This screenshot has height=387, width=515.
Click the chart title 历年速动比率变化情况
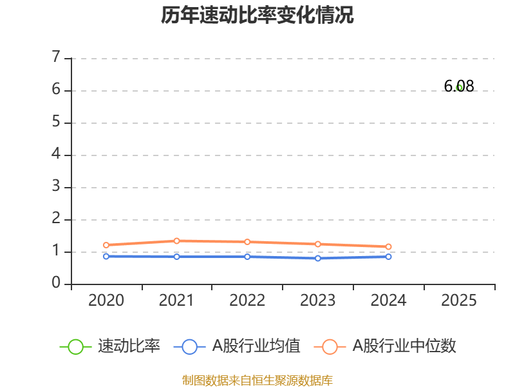257,15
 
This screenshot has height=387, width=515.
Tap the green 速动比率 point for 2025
459,88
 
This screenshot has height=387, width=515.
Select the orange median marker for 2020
106,245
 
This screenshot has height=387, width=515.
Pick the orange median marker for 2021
176,241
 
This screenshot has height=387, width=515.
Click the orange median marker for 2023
318,244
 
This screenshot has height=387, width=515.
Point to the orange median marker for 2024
388,246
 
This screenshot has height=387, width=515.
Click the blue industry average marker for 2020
106,256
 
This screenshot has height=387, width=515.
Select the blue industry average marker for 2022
247,257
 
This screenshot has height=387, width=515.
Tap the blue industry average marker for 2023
318,258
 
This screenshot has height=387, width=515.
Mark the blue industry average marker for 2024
388,257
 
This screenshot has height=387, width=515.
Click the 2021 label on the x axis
176,301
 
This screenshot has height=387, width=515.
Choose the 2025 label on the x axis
459,301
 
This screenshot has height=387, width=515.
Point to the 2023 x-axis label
318,301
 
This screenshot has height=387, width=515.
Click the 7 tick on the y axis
56,57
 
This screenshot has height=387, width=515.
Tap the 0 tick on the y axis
56,283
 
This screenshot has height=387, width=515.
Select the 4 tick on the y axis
56,154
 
